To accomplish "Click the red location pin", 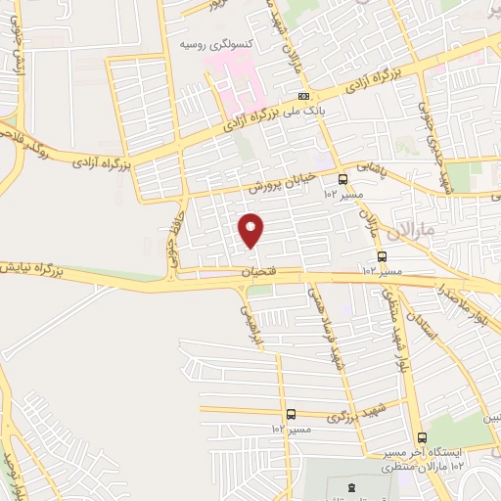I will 251,229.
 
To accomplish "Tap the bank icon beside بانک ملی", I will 305,96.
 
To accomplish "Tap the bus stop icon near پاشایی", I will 342,179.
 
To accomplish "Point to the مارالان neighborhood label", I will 406,233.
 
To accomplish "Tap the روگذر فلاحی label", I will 23,137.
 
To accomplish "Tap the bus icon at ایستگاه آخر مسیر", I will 422,438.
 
